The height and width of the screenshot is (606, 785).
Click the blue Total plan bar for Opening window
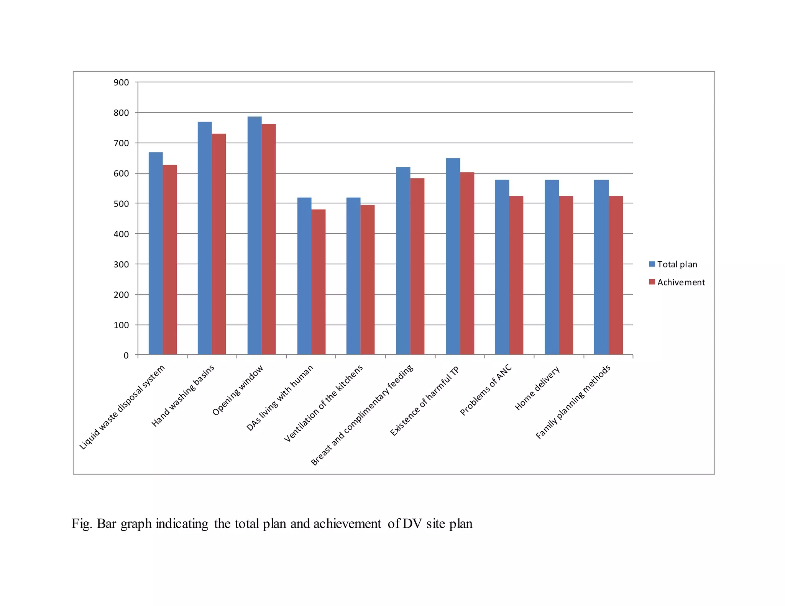(x=255, y=236)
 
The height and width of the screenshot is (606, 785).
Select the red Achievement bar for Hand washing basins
(x=219, y=244)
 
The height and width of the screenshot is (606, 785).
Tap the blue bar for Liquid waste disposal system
(x=156, y=253)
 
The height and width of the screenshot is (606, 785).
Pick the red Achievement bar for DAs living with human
(x=319, y=282)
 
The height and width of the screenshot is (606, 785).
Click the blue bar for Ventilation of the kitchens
(x=353, y=276)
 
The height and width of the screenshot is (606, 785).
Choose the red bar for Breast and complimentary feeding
(x=417, y=266)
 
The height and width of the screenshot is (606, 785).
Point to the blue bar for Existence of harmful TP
(x=453, y=256)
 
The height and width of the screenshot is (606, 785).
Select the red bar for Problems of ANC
(x=516, y=275)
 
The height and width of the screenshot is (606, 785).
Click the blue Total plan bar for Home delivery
(x=552, y=267)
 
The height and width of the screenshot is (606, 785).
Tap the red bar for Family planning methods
(x=616, y=275)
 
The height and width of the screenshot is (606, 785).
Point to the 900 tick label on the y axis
(x=121, y=82)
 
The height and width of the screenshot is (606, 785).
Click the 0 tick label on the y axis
(x=126, y=355)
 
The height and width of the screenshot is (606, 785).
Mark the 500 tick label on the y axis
(x=121, y=204)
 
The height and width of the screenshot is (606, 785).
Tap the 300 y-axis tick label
(x=121, y=264)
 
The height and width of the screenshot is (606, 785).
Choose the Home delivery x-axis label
(x=537, y=388)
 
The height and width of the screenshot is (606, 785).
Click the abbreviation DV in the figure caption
(x=412, y=524)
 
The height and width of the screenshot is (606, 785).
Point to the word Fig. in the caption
(x=82, y=524)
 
